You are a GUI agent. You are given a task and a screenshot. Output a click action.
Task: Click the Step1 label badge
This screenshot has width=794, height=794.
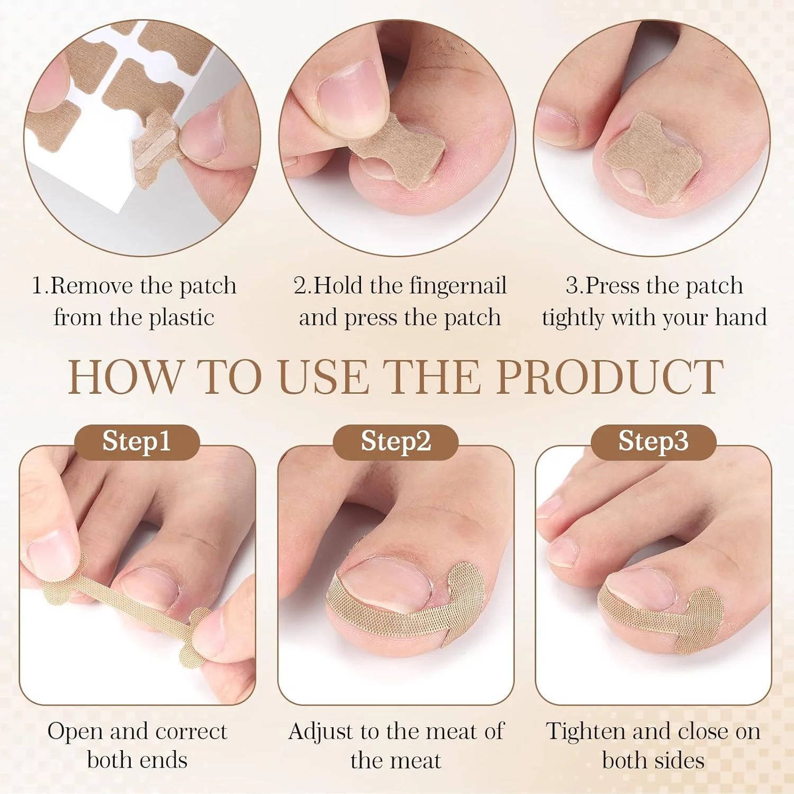click(x=137, y=441)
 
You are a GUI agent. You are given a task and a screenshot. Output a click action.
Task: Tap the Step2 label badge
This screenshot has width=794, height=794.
click(x=395, y=441)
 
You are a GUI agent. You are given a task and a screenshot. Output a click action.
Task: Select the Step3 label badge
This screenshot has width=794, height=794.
click(x=654, y=441)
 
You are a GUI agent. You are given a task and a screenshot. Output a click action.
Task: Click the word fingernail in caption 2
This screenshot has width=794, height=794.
click(x=458, y=287)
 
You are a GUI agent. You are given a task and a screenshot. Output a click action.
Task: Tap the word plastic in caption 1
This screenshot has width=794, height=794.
click(x=182, y=318)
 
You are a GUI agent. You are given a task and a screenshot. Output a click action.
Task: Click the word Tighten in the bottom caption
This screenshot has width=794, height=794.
click(x=584, y=733)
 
